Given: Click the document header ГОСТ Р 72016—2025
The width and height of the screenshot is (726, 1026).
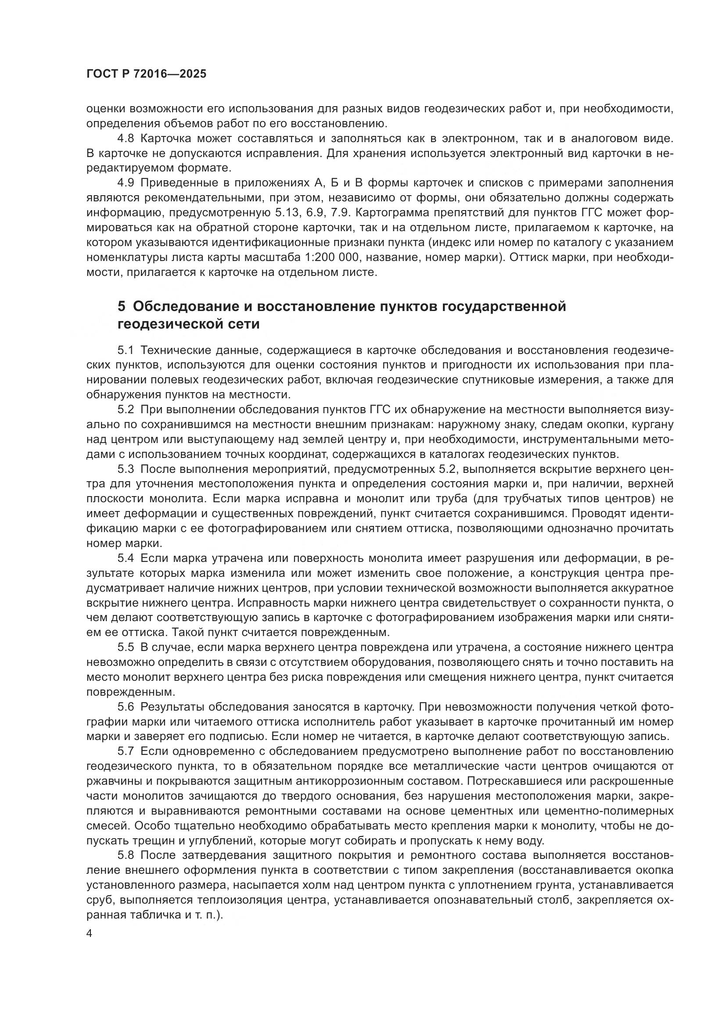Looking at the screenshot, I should click(146, 74).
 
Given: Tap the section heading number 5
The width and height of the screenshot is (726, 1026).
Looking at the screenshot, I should click(122, 306).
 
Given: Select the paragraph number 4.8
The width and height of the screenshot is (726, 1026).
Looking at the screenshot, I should click(126, 139).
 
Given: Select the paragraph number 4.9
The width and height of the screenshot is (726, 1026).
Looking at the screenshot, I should click(126, 183).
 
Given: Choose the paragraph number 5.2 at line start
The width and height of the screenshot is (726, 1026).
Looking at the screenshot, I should click(126, 409).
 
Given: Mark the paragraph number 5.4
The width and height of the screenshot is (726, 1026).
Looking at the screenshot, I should click(126, 558).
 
